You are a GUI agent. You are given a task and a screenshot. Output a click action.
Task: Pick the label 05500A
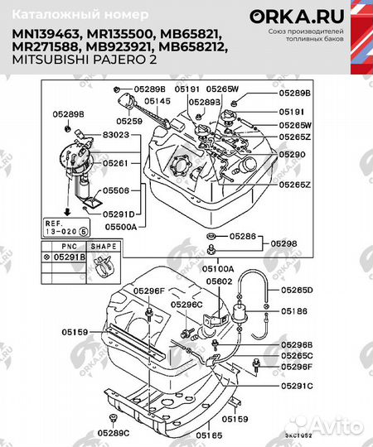[122, 224]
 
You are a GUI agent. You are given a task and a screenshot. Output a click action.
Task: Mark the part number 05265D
[296, 291]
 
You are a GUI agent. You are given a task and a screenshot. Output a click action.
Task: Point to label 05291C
[296, 385]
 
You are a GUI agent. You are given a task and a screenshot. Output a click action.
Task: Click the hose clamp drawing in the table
[104, 266]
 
